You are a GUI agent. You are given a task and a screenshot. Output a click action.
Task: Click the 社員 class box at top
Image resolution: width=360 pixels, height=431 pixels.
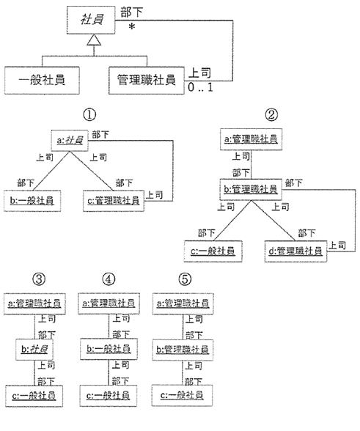coord(91,20)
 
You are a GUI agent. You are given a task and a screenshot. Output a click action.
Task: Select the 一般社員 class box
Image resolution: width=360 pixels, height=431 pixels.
coord(42,81)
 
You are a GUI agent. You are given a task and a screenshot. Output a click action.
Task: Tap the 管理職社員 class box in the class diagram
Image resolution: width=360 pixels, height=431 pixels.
coord(147,81)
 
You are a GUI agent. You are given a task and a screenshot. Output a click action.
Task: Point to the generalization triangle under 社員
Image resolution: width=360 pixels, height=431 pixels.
coord(94,40)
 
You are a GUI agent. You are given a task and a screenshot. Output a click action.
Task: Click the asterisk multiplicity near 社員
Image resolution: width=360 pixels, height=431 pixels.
coord(132,27)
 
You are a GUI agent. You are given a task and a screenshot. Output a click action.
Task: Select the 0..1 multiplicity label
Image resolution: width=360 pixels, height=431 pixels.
coord(200,87)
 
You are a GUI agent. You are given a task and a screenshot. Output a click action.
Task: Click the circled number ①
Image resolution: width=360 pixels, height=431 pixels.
coord(89,114)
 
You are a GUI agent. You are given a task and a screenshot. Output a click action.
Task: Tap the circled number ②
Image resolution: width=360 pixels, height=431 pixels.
coord(271,114)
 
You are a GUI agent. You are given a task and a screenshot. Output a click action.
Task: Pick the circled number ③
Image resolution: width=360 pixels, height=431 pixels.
coord(39,279)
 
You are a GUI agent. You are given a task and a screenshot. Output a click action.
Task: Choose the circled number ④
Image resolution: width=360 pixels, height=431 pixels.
coord(109,279)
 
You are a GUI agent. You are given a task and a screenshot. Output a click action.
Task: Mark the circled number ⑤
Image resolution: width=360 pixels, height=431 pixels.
coord(185,279)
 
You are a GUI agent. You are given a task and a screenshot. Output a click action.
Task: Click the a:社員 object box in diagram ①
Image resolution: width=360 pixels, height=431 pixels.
coord(70,141)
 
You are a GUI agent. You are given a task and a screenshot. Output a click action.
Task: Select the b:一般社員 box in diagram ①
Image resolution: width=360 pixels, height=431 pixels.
coord(32,201)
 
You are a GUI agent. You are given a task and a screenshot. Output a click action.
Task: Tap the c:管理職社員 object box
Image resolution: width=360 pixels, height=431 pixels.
coord(114,201)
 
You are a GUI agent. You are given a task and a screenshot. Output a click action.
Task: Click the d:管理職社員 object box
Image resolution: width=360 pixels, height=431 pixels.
coord(295,251)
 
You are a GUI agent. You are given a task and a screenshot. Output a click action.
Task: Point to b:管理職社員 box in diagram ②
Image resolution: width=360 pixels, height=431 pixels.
coord(251,189)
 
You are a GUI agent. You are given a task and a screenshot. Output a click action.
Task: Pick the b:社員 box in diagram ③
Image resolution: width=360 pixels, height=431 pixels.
coord(34,350)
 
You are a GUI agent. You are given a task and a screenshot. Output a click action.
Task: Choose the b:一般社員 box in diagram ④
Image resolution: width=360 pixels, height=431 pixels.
coord(109,349)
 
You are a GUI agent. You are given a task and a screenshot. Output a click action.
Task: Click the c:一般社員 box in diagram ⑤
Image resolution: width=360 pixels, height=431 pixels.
coord(182,396)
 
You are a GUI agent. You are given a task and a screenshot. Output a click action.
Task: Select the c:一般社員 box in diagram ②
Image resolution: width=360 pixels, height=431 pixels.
coord(213,251)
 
